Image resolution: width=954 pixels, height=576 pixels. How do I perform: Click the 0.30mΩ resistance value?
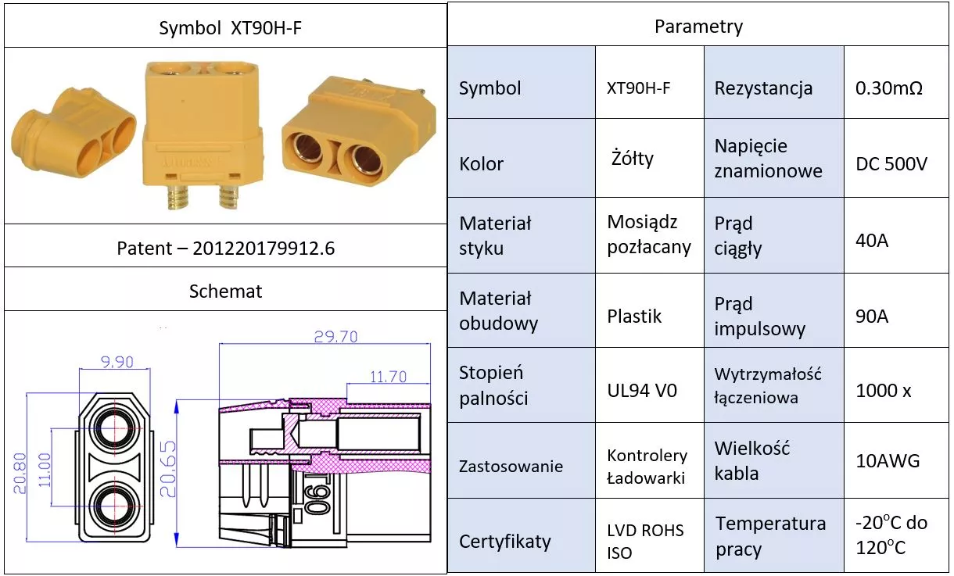point(889,88)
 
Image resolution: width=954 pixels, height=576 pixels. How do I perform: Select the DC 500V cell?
point(891,164)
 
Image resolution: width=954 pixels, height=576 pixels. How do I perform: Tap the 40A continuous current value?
point(872,240)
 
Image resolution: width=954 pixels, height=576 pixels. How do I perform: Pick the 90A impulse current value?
point(872,316)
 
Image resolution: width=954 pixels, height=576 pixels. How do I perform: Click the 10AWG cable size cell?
point(888,460)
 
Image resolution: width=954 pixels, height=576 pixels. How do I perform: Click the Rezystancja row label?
point(763,88)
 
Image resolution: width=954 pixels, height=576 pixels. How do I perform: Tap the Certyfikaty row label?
point(504,542)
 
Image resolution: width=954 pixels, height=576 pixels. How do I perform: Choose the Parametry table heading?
point(698,27)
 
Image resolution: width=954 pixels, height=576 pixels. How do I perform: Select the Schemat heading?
point(225,292)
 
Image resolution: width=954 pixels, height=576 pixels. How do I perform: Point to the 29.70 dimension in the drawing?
point(335,336)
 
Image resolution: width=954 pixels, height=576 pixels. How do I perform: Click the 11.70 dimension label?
point(388,377)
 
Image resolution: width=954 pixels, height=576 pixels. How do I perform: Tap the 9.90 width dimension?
point(117,361)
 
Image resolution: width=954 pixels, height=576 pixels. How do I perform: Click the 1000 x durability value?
point(883,391)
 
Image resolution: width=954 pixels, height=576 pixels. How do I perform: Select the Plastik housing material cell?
point(634,316)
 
